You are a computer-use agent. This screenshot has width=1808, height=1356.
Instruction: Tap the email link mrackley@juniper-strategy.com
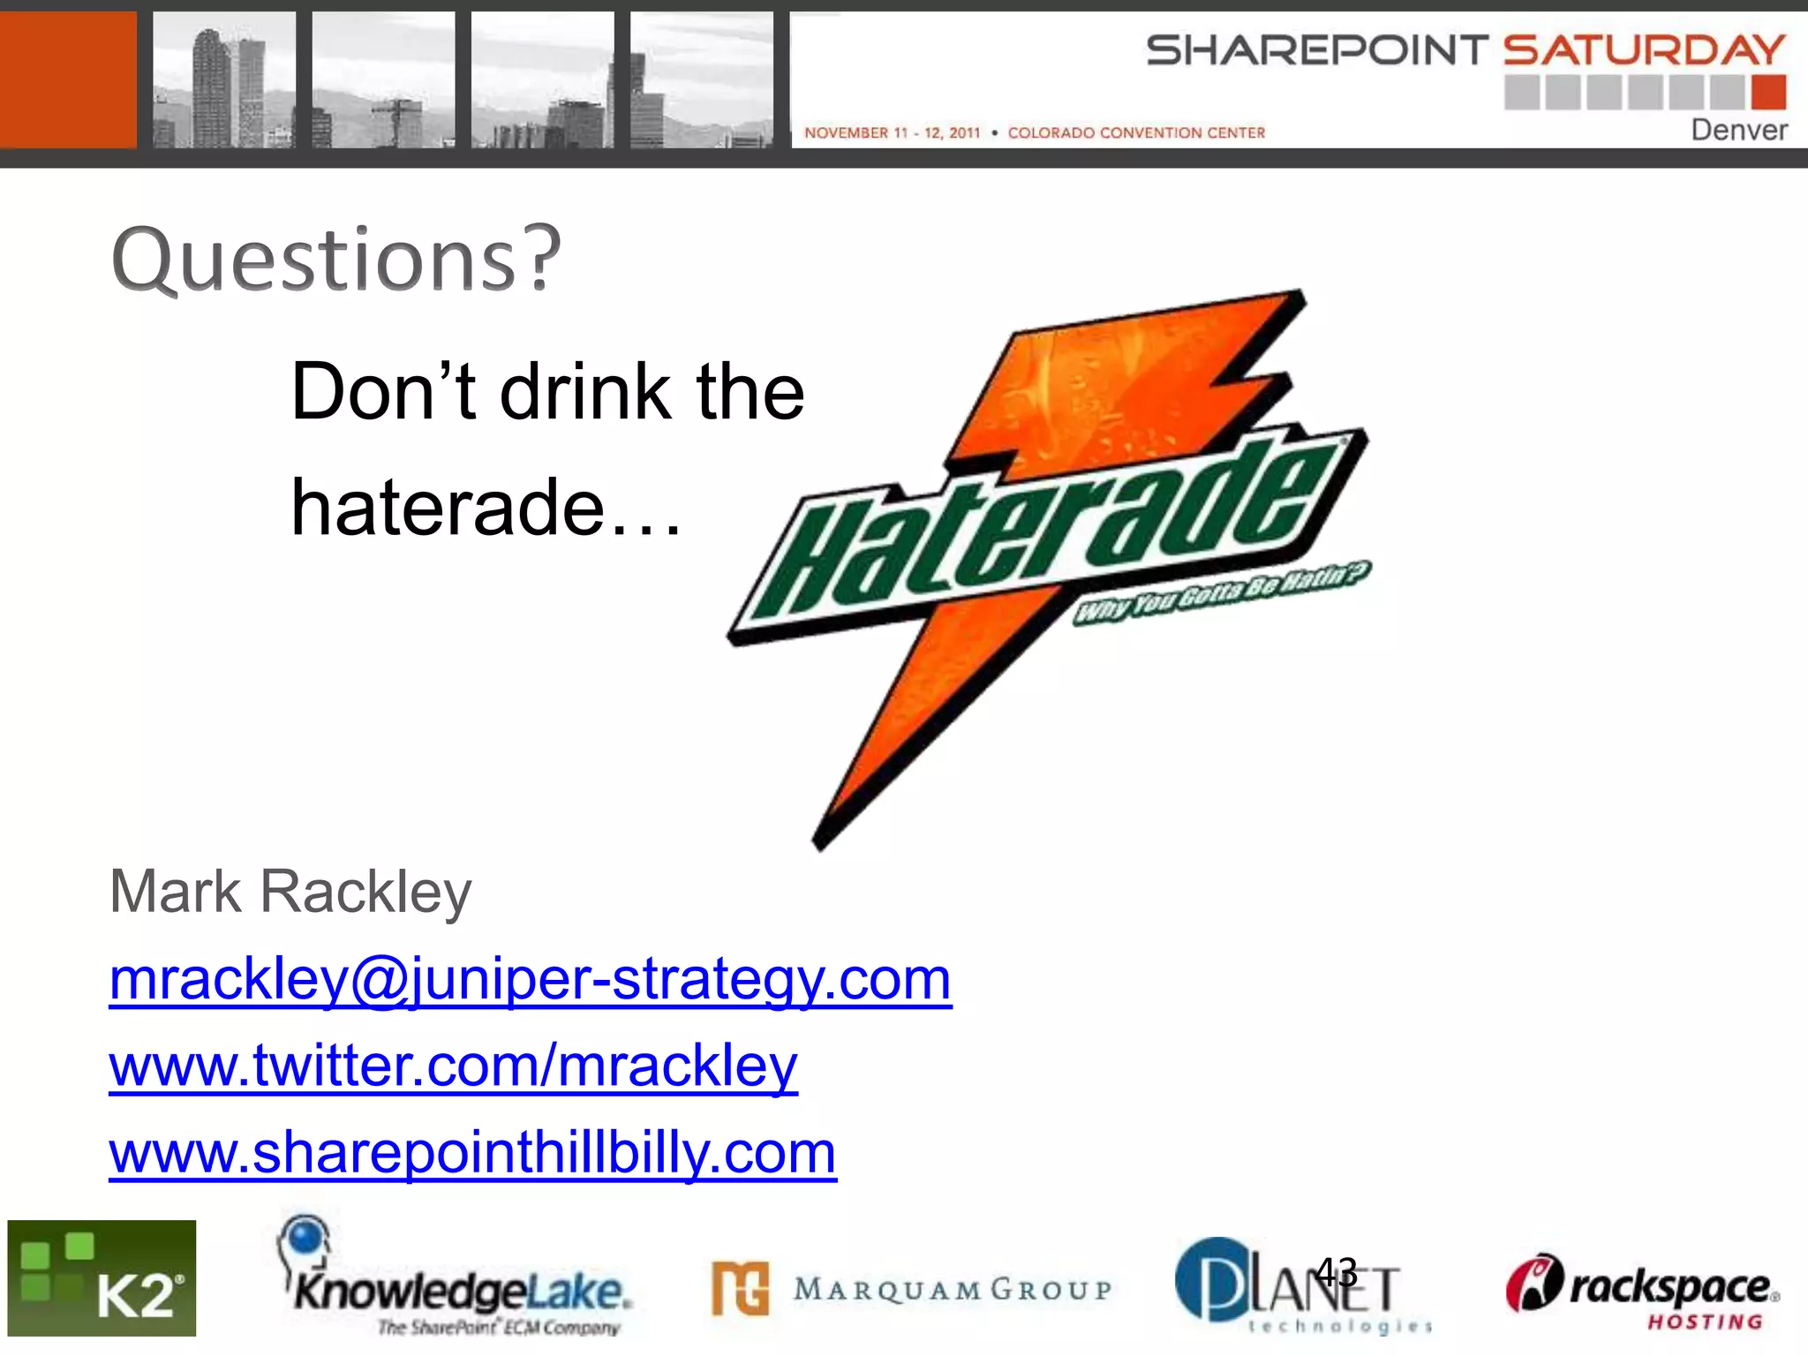(530, 979)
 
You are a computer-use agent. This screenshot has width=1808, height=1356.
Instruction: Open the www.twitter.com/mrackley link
(453, 1066)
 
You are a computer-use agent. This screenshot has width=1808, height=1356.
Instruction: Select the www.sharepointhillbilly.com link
(472, 1152)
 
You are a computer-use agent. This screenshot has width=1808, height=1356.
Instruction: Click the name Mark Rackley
(290, 892)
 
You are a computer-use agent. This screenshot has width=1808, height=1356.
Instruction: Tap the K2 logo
(102, 1277)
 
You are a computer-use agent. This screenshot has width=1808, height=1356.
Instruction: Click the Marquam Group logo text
(952, 1290)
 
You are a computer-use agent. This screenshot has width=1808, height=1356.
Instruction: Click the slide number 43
(1336, 1272)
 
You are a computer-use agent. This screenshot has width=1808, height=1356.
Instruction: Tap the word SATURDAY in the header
(1644, 50)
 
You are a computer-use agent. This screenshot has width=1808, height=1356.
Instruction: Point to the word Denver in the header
(1738, 131)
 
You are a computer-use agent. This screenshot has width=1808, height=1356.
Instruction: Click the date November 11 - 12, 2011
(892, 133)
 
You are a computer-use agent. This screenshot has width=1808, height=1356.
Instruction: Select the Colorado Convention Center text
(1136, 133)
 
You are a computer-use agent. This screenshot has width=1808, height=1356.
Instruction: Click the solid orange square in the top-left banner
(68, 79)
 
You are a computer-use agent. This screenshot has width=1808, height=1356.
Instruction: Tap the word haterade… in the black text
(486, 508)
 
